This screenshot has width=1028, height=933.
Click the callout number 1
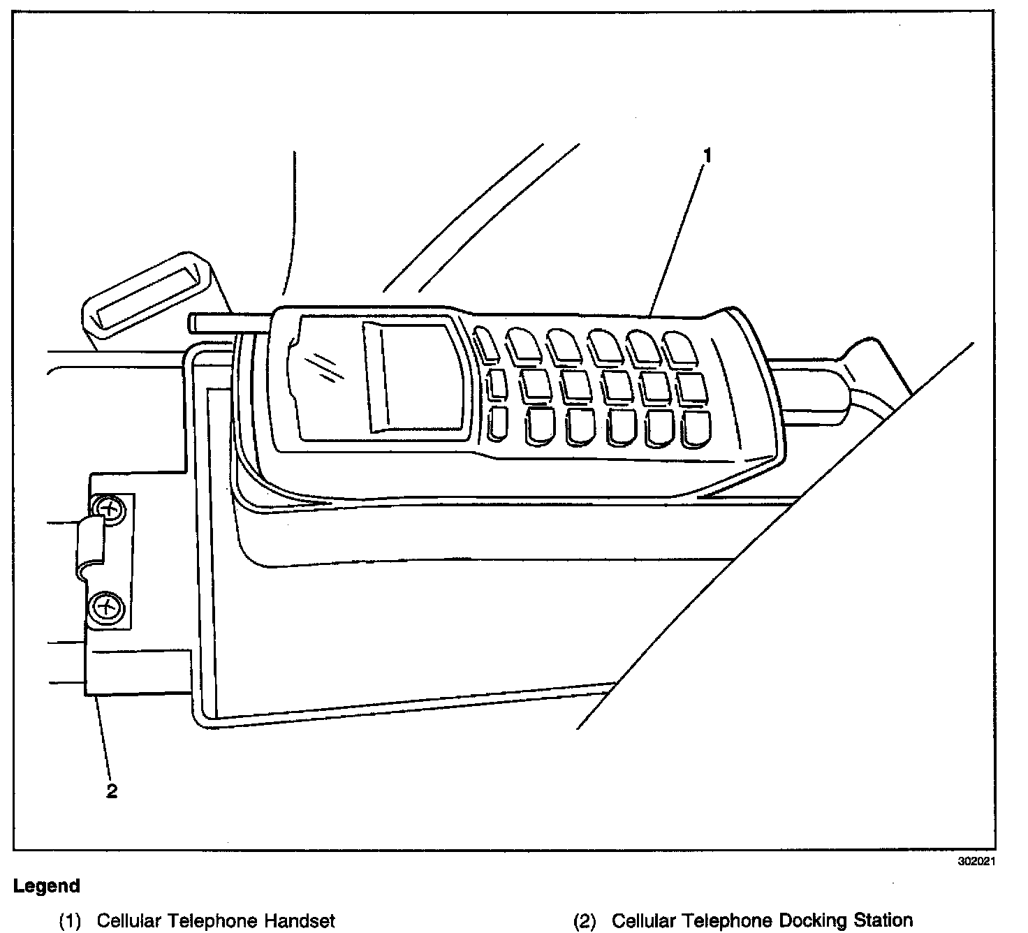[x=707, y=156]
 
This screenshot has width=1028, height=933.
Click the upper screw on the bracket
[x=109, y=508]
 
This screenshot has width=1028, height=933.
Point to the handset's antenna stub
[x=227, y=323]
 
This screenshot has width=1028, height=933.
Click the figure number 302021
[x=976, y=861]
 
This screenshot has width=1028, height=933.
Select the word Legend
[x=46, y=886]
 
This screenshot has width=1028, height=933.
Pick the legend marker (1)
[x=72, y=921]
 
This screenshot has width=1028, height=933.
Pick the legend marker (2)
[x=585, y=921]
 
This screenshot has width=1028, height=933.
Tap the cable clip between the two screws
[x=91, y=545]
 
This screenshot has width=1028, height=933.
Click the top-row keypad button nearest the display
[x=487, y=344]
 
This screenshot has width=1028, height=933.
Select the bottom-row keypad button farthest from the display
[x=696, y=427]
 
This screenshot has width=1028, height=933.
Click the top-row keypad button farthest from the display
[x=677, y=346]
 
